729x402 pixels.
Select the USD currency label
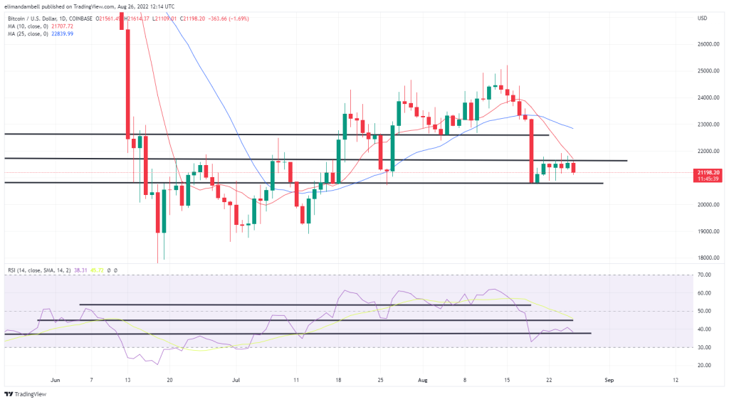click(x=703, y=18)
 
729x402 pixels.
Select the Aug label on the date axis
click(x=420, y=381)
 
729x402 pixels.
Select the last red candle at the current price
click(x=575, y=167)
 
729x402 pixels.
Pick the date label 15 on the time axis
click(x=508, y=381)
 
